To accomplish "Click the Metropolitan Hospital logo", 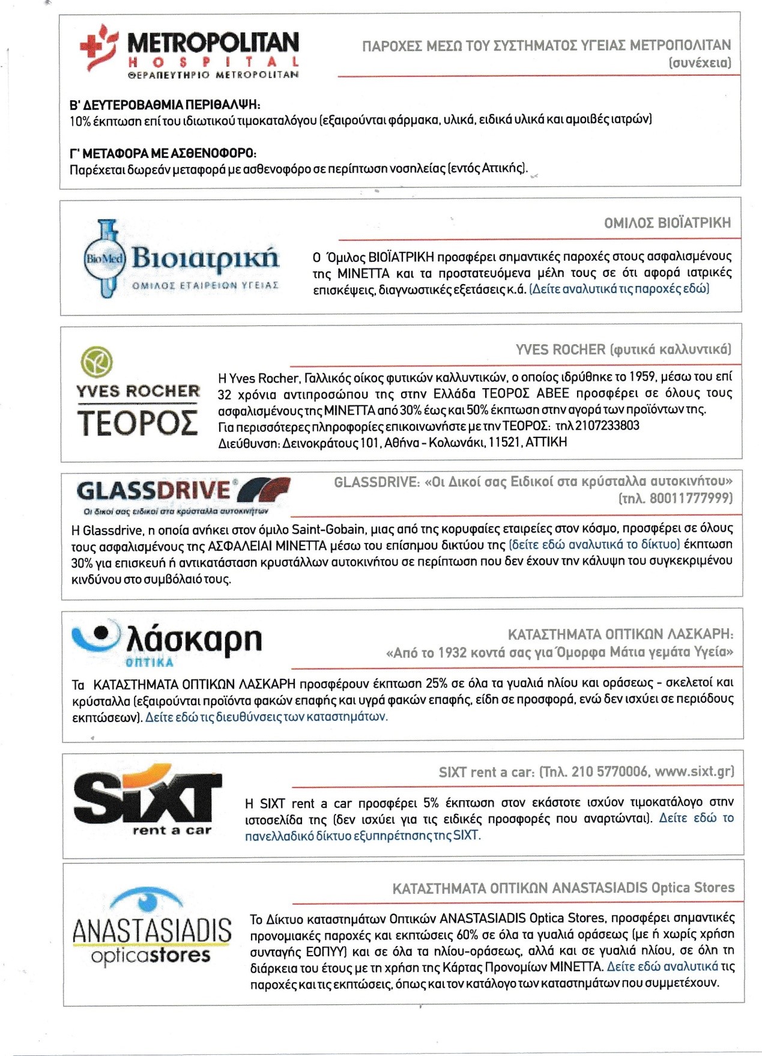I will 189,52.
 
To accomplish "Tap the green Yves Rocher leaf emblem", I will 96,362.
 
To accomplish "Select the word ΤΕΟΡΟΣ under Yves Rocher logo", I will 138,423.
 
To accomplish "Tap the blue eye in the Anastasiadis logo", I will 148,900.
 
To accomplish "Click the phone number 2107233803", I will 607,426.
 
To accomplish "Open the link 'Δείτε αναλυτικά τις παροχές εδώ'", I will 619,289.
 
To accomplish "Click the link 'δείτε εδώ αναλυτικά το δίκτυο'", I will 594,545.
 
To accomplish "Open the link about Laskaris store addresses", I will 266,717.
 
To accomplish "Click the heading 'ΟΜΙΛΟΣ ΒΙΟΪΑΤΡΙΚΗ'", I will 667,223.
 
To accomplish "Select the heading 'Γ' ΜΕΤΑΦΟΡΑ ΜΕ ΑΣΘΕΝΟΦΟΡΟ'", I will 163,154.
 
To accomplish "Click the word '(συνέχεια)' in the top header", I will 700,62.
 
